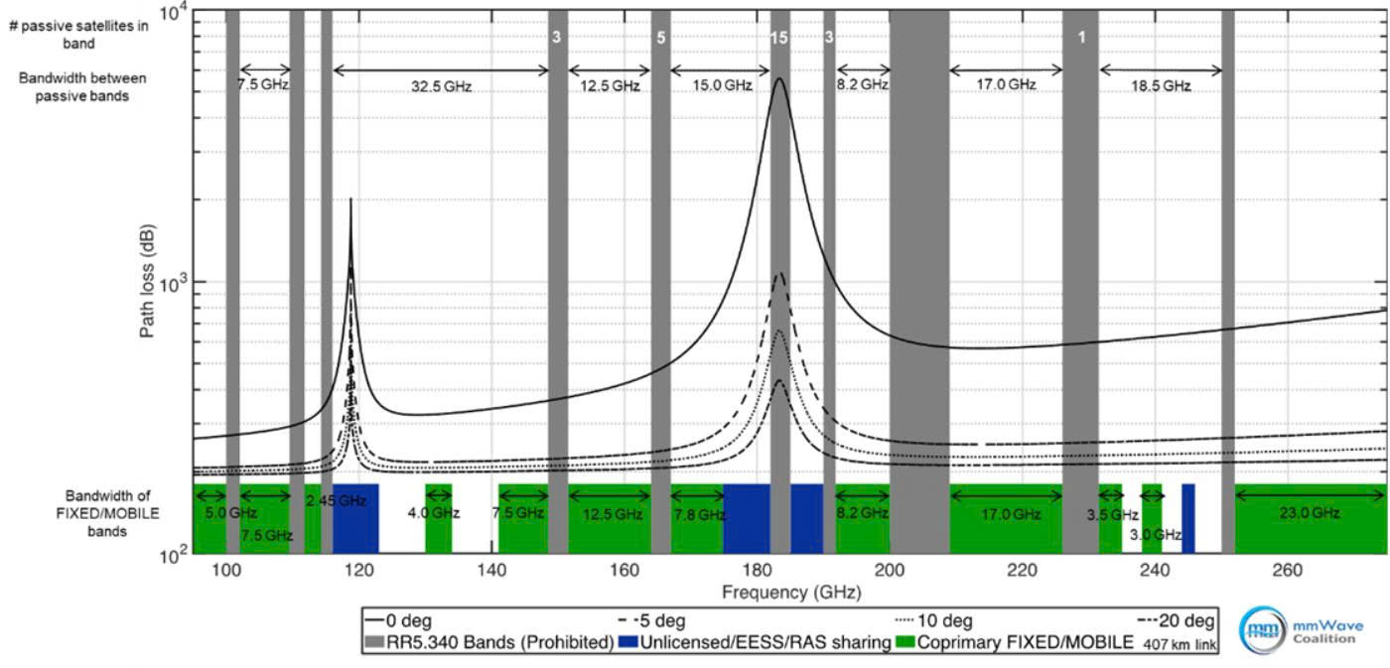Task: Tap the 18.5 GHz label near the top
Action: (1161, 86)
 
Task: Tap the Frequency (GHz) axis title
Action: (791, 593)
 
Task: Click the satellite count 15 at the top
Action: (779, 37)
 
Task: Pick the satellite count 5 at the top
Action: (660, 37)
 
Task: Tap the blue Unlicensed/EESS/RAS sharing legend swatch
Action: (627, 642)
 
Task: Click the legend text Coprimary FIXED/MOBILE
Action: (1039, 642)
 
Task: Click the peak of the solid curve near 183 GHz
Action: (779, 79)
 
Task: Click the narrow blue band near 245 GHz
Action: (1188, 517)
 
